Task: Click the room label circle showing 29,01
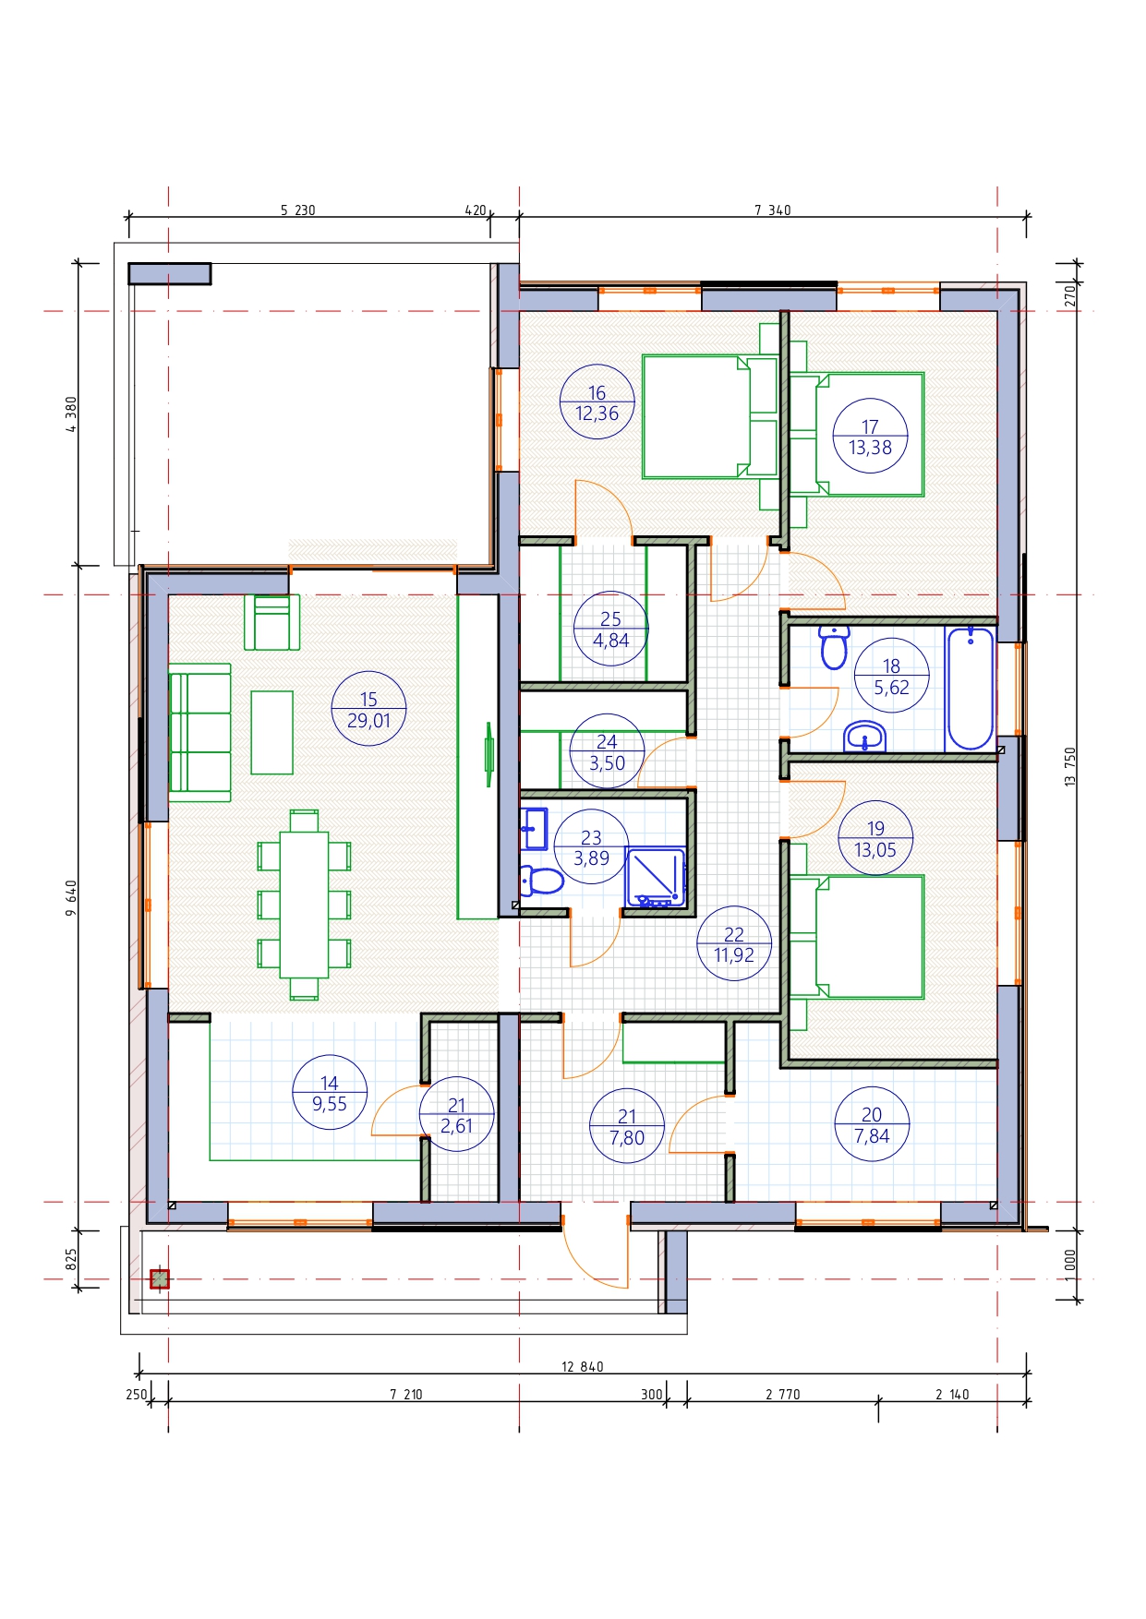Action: point(368,709)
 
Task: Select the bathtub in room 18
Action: point(970,689)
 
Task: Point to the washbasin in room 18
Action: point(865,737)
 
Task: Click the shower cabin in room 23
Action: point(657,878)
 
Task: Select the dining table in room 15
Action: point(304,905)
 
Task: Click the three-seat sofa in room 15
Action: point(199,732)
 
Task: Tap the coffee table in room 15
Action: point(271,732)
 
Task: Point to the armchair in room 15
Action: point(271,622)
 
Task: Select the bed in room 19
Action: point(857,937)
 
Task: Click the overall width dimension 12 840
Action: point(583,1367)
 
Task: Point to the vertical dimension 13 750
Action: point(1070,767)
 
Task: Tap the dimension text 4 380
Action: point(71,414)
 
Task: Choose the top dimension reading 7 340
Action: point(773,210)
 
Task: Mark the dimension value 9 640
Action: point(71,898)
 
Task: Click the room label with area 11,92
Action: point(734,943)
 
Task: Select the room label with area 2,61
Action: point(457,1114)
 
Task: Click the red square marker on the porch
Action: point(160,1279)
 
